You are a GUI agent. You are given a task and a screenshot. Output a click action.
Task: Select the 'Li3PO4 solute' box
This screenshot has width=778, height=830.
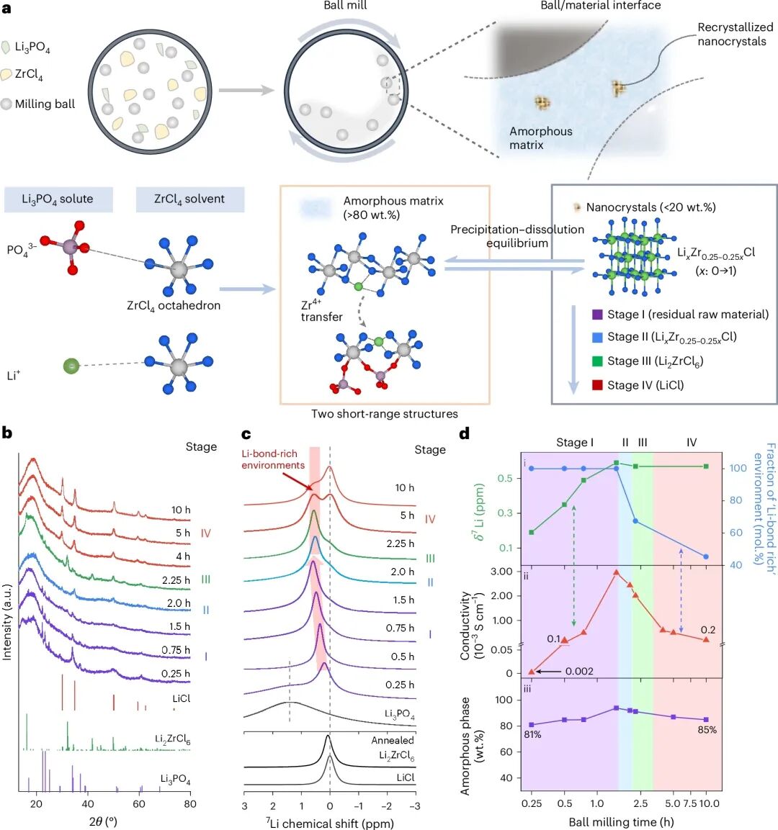click(x=58, y=199)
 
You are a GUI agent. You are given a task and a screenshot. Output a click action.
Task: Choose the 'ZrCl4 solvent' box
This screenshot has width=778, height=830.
click(x=189, y=199)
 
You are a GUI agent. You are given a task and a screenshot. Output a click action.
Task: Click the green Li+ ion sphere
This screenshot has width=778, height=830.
click(x=71, y=366)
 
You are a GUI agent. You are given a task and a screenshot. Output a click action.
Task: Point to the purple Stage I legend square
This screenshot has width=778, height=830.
click(x=596, y=315)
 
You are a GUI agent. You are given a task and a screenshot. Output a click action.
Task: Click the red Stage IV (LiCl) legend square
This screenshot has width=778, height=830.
click(x=596, y=385)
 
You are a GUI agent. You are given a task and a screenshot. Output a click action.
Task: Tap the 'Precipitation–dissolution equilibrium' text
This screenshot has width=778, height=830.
click(x=517, y=236)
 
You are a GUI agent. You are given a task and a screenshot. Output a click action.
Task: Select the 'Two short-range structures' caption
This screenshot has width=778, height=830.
click(x=384, y=414)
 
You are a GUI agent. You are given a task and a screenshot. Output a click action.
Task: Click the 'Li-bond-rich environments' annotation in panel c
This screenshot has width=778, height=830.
click(x=273, y=459)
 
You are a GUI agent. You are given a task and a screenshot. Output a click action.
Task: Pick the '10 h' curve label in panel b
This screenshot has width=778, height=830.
click(x=181, y=510)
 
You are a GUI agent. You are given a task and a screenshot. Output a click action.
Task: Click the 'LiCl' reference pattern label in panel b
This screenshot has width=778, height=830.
click(x=182, y=698)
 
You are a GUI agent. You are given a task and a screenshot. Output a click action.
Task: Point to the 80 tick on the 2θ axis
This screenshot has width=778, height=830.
click(x=189, y=804)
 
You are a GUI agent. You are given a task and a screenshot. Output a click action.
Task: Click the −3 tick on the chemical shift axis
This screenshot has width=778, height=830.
click(x=414, y=806)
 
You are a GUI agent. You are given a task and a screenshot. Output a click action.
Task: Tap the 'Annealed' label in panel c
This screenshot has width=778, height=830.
click(x=393, y=740)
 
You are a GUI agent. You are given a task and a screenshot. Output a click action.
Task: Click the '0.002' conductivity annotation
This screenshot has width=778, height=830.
click(x=579, y=671)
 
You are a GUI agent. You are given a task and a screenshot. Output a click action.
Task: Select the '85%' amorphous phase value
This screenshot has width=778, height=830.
click(x=707, y=730)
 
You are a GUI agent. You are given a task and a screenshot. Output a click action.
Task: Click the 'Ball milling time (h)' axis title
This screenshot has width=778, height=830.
click(x=621, y=821)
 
